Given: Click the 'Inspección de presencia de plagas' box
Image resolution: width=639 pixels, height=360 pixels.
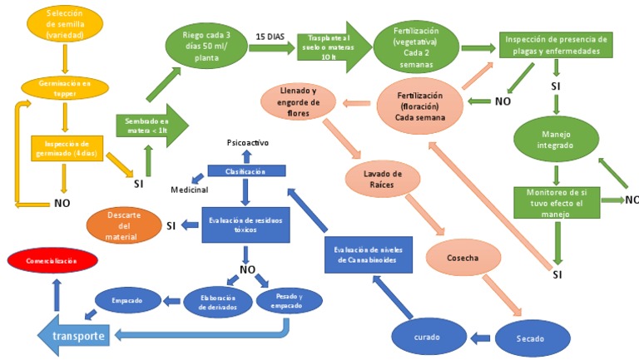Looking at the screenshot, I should (556, 45).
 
